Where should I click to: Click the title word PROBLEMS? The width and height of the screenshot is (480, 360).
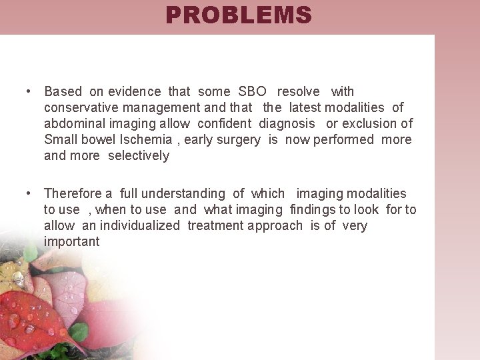pos(239,15)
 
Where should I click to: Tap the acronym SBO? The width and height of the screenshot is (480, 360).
pos(253,91)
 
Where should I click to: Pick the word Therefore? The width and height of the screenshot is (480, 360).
pos(73,193)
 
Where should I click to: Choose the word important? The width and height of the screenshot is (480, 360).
pos(71,241)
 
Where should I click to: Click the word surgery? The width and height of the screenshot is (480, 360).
pos(243,139)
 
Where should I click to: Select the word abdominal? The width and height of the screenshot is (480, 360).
pos(72,123)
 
